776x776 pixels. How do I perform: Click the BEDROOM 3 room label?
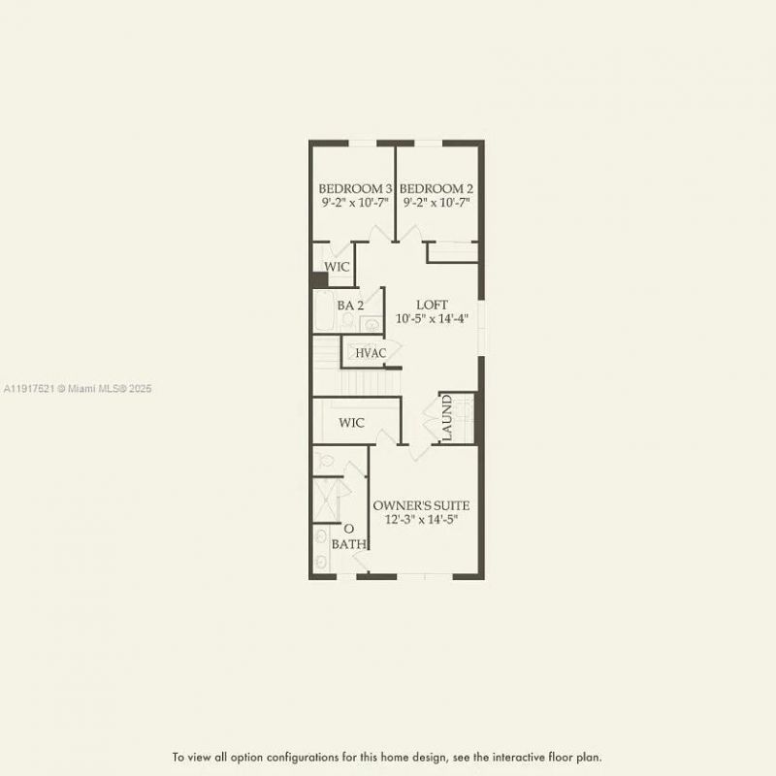pyautogui.click(x=356, y=188)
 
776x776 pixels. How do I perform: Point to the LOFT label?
pyautogui.click(x=432, y=305)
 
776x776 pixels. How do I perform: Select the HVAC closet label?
pyautogui.click(x=371, y=353)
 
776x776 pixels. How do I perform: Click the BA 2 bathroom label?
pyautogui.click(x=350, y=306)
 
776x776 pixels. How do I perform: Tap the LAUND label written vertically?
pyautogui.click(x=447, y=418)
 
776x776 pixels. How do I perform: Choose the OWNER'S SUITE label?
pyautogui.click(x=421, y=505)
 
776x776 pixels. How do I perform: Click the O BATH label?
pyautogui.click(x=348, y=536)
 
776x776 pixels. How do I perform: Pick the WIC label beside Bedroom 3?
pyautogui.click(x=337, y=267)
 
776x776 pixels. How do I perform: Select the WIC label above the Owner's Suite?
pyautogui.click(x=351, y=423)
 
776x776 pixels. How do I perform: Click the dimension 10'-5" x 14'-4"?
pyautogui.click(x=432, y=319)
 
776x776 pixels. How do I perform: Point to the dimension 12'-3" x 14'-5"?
pyautogui.click(x=421, y=520)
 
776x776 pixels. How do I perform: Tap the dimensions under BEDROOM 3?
pyautogui.click(x=356, y=204)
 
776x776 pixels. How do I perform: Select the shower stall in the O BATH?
pyautogui.click(x=326, y=497)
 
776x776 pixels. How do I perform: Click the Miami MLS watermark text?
pyautogui.click(x=78, y=388)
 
